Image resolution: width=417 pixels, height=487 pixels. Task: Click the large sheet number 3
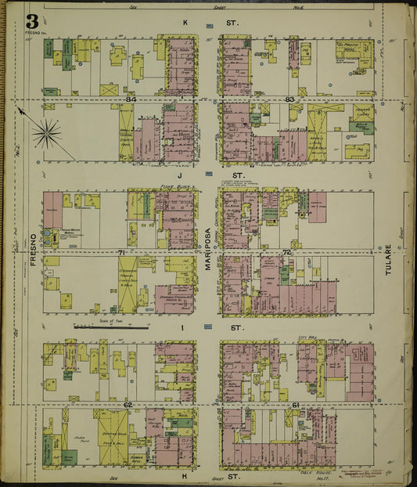pyautogui.click(x=31, y=22)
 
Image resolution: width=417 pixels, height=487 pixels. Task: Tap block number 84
pyautogui.click(x=130, y=99)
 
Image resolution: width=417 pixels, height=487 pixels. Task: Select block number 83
pyautogui.click(x=289, y=99)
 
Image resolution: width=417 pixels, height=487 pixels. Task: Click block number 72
pyautogui.click(x=286, y=252)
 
